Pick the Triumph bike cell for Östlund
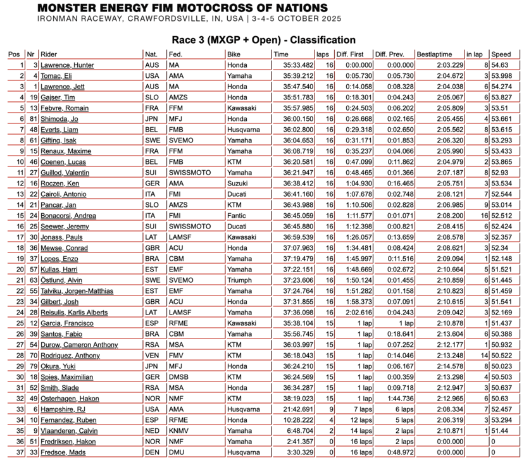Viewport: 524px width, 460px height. [239, 280]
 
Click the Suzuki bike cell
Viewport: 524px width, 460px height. [237, 183]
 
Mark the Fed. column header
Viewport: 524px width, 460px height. [176, 54]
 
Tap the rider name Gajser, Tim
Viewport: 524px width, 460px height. [55, 97]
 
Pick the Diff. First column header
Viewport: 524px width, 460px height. [351, 54]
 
